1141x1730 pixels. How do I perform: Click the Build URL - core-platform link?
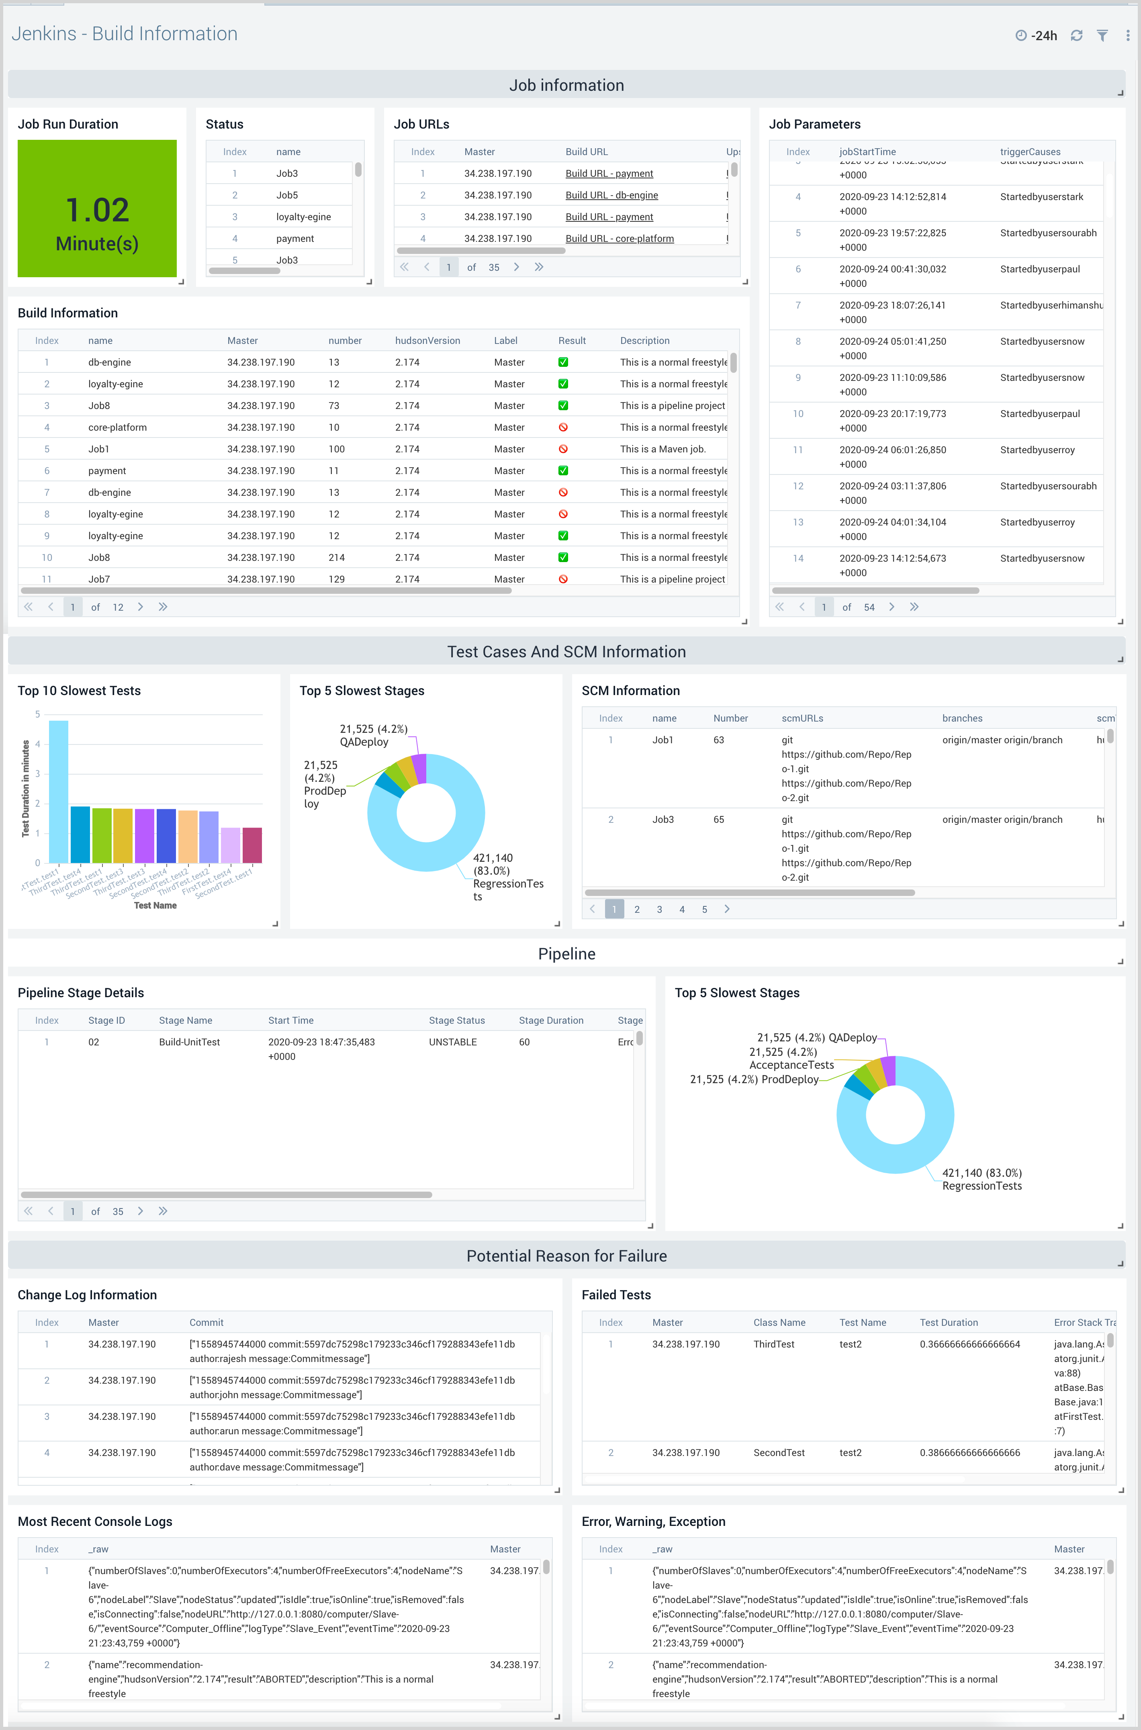pos(619,239)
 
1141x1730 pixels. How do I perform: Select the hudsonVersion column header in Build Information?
pos(427,340)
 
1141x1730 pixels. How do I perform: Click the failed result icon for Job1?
pos(562,449)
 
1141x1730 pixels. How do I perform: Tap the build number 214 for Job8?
pos(336,557)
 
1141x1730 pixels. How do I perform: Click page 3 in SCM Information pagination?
pos(659,909)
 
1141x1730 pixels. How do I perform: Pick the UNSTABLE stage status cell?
pos(453,1042)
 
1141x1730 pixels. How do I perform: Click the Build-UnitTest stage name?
pos(189,1042)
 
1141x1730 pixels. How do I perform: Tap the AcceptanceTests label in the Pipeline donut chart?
pos(792,1065)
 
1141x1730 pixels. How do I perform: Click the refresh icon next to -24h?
pos(1076,36)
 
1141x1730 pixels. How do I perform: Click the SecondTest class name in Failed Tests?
pos(779,1453)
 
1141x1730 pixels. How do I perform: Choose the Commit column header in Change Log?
pos(206,1323)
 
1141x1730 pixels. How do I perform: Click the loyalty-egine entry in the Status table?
pos(303,217)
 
